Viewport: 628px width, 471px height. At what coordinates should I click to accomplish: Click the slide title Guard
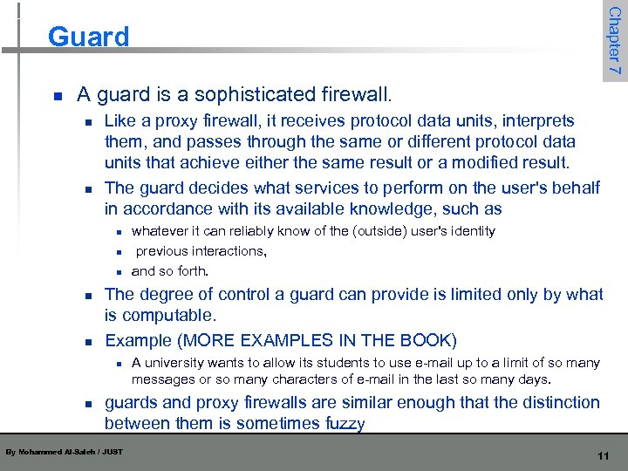click(88, 37)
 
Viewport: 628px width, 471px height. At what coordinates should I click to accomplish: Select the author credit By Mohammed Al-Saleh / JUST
click(64, 451)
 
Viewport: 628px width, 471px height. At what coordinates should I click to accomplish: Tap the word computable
click(172, 314)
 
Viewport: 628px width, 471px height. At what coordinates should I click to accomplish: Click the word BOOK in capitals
click(425, 339)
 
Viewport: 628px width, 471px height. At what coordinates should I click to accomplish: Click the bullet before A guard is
click(57, 94)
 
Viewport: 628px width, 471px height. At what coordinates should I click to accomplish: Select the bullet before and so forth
click(118, 271)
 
